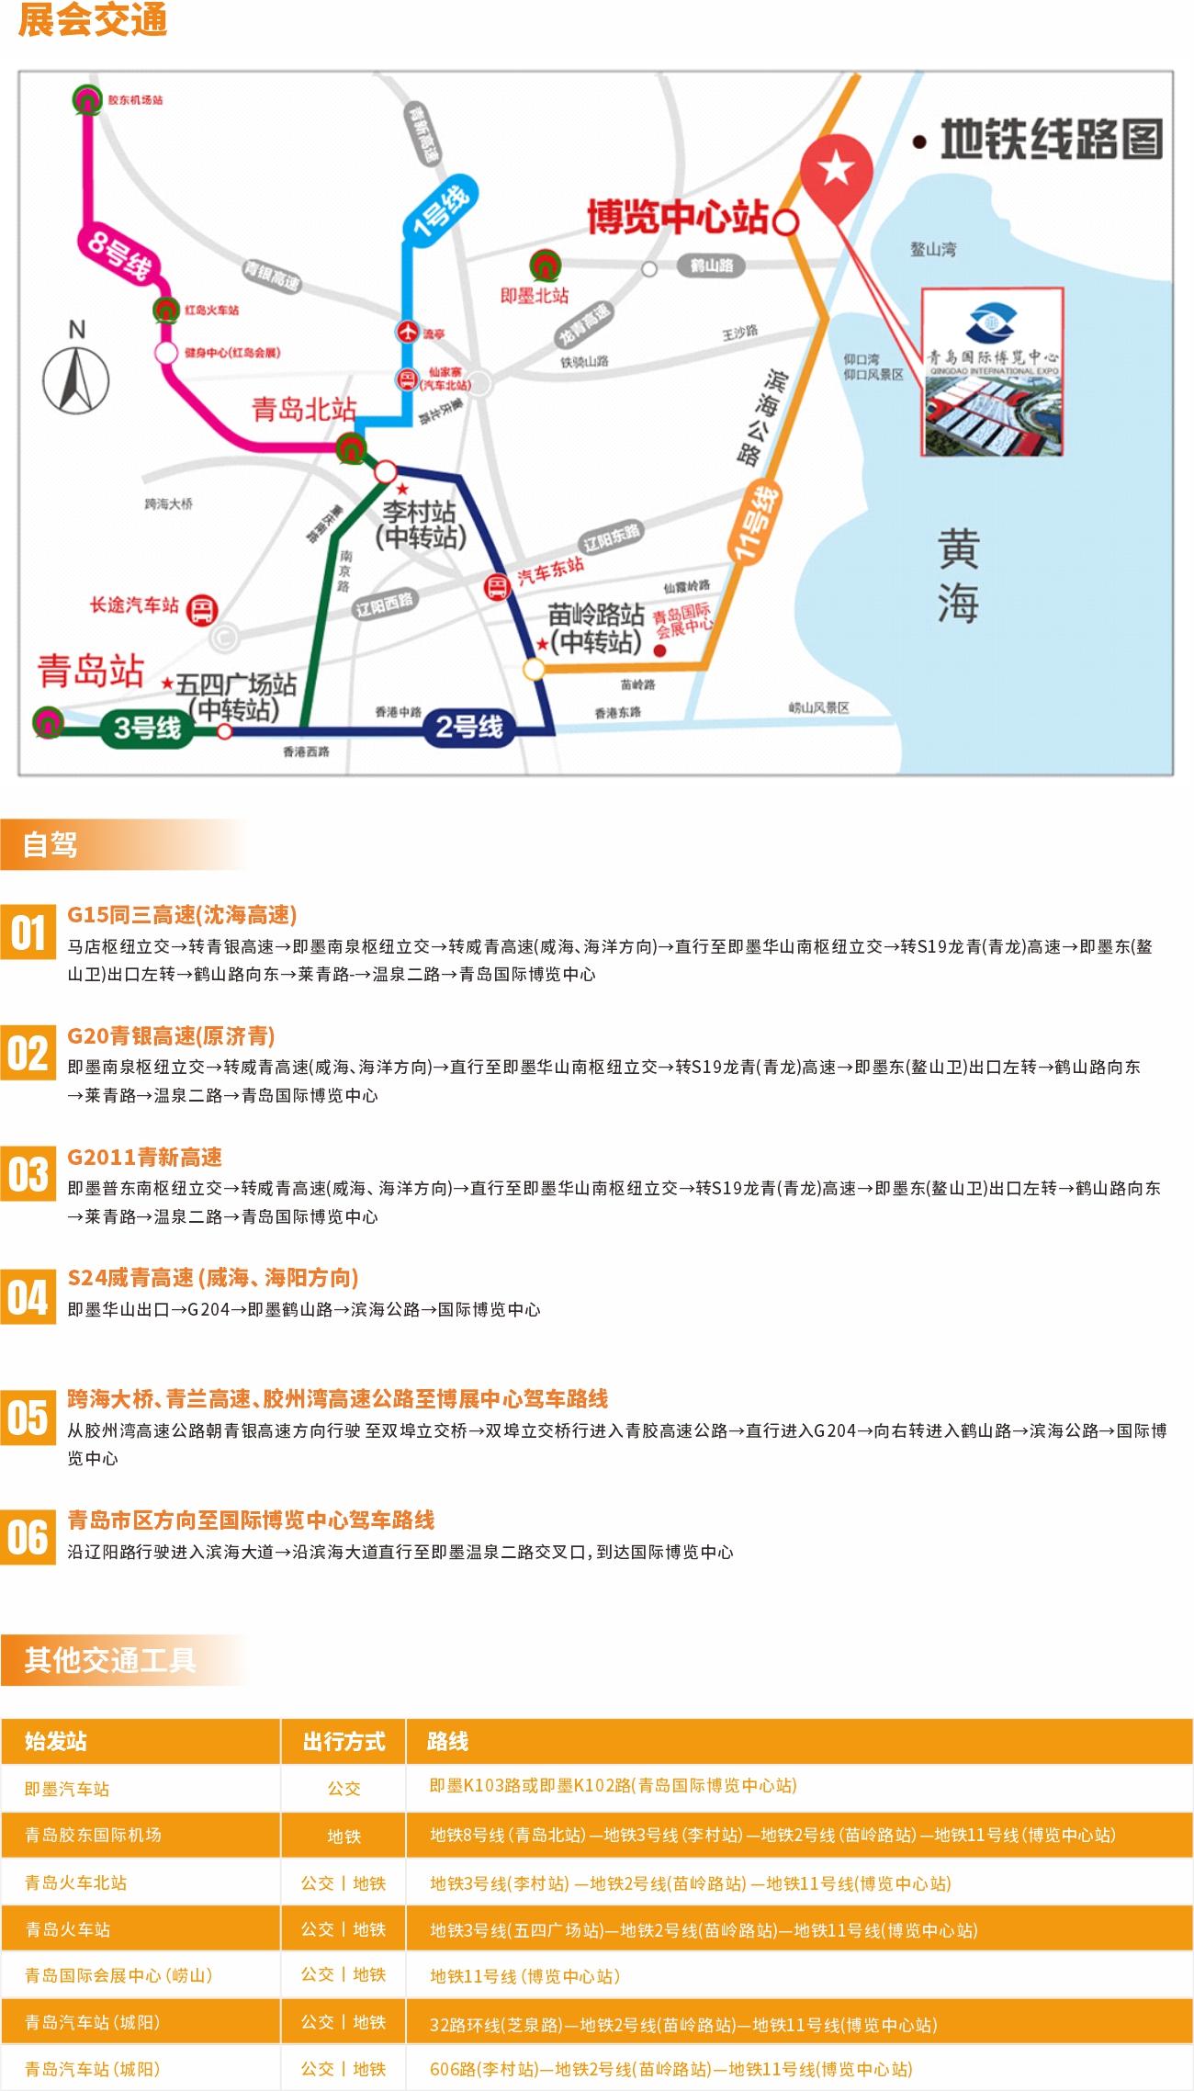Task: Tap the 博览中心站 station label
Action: (678, 218)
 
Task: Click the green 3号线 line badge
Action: (147, 728)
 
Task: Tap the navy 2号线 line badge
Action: (468, 727)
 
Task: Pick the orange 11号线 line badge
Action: (754, 524)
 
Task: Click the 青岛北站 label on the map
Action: (303, 409)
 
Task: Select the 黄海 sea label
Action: (957, 576)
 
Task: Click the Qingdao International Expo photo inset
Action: (992, 371)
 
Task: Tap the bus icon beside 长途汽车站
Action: (202, 609)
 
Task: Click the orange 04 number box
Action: (28, 1296)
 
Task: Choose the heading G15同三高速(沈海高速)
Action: (182, 915)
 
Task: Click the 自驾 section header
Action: (51, 844)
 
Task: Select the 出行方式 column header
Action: (344, 1741)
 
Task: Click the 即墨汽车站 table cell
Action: (67, 1789)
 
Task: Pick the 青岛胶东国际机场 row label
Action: (93, 1835)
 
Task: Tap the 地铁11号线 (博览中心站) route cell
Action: (524, 1975)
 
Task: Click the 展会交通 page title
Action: (93, 20)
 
